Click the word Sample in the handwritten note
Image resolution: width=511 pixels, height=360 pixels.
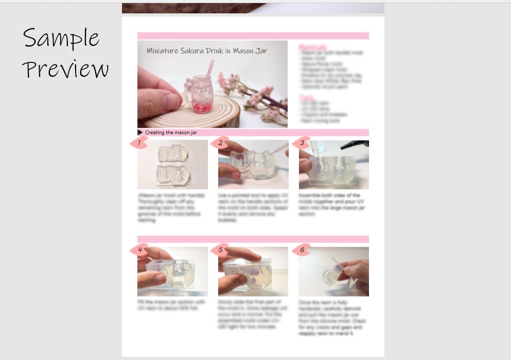[61, 38]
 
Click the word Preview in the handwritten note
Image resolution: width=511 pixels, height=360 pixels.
[65, 69]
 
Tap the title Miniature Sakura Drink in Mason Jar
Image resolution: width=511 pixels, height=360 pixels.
[206, 50]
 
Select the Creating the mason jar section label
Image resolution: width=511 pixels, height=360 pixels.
[171, 132]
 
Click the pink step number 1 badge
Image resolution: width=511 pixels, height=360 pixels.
[138, 143]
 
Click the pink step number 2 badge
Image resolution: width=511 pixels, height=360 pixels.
[220, 143]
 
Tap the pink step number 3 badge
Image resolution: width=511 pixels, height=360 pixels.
[302, 143]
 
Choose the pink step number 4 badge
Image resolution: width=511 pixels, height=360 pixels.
[138, 250]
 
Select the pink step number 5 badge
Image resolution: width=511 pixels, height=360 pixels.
[220, 250]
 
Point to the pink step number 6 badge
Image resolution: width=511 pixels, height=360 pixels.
[302, 250]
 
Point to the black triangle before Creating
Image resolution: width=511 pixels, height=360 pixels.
[140, 132]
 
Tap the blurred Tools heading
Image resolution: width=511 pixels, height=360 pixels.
[307, 96]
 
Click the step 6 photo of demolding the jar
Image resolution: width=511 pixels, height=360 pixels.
[333, 272]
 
